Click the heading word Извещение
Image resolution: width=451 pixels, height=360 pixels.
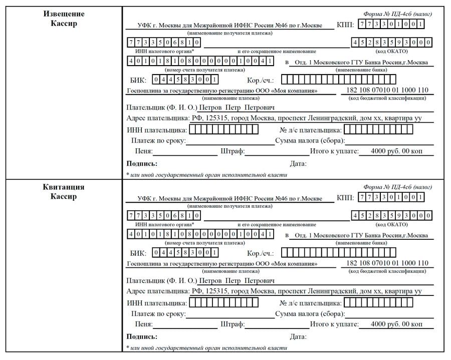pos(64,14)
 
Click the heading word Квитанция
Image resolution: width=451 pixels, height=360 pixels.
pos(64,187)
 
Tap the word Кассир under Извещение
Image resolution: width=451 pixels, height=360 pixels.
pos(64,24)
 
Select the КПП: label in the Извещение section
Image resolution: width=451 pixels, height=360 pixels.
pos(346,25)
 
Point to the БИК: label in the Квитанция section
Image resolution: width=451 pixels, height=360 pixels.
pos(138,253)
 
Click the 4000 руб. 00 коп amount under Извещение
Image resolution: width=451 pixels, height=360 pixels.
pos(396,151)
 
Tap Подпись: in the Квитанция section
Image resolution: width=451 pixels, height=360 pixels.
pos(142,336)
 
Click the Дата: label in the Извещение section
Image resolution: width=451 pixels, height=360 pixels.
pos(298,164)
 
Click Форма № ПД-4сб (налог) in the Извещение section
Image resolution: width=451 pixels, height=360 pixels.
pos(397,14)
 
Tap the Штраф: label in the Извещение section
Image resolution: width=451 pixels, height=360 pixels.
pos(232,151)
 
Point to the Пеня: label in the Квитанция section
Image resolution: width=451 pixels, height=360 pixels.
pos(143,324)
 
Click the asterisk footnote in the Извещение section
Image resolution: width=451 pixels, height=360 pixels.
pos(207,175)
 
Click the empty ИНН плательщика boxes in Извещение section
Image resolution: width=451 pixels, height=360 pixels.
pos(223,130)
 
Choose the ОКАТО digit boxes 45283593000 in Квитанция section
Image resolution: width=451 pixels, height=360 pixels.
pos(392,216)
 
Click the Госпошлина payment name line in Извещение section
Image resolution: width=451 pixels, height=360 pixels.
pos(222,91)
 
